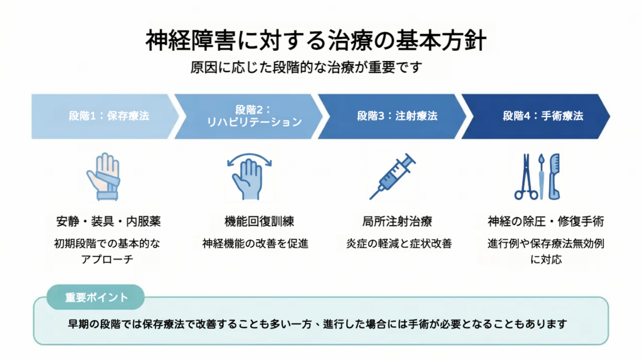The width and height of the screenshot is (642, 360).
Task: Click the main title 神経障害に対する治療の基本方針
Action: (x=316, y=41)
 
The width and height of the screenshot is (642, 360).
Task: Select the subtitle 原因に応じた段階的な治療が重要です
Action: (x=306, y=67)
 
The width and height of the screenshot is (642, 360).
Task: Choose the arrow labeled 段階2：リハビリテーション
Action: (x=248, y=116)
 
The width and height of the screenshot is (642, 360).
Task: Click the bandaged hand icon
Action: (x=103, y=177)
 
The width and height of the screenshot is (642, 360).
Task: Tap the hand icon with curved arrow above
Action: (x=249, y=176)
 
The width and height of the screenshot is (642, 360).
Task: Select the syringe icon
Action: (x=392, y=176)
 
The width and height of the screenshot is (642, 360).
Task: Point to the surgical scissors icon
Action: (x=526, y=177)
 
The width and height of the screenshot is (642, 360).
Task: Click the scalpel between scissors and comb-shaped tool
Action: (x=542, y=177)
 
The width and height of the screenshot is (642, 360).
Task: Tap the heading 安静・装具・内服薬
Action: (x=108, y=221)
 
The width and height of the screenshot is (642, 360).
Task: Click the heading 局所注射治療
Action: (x=397, y=221)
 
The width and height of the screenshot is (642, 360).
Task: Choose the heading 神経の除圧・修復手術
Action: (x=546, y=221)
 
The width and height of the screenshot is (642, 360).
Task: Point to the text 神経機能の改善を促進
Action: (x=255, y=244)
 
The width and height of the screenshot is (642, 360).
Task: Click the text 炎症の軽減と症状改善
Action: (x=399, y=244)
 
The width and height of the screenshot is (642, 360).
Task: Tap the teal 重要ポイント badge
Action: (x=96, y=297)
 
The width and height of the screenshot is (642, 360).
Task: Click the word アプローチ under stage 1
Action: (x=107, y=259)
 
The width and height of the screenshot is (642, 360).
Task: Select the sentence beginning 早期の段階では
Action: (x=317, y=324)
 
